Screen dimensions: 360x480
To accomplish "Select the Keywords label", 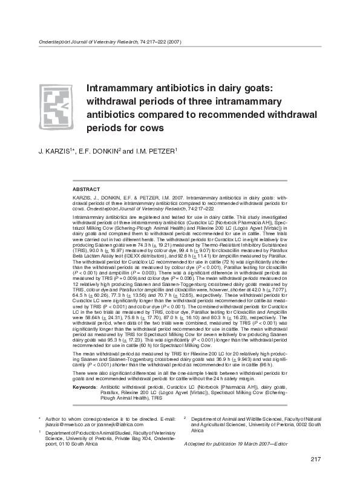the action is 84,386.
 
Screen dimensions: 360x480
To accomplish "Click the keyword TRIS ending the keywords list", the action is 158,398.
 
